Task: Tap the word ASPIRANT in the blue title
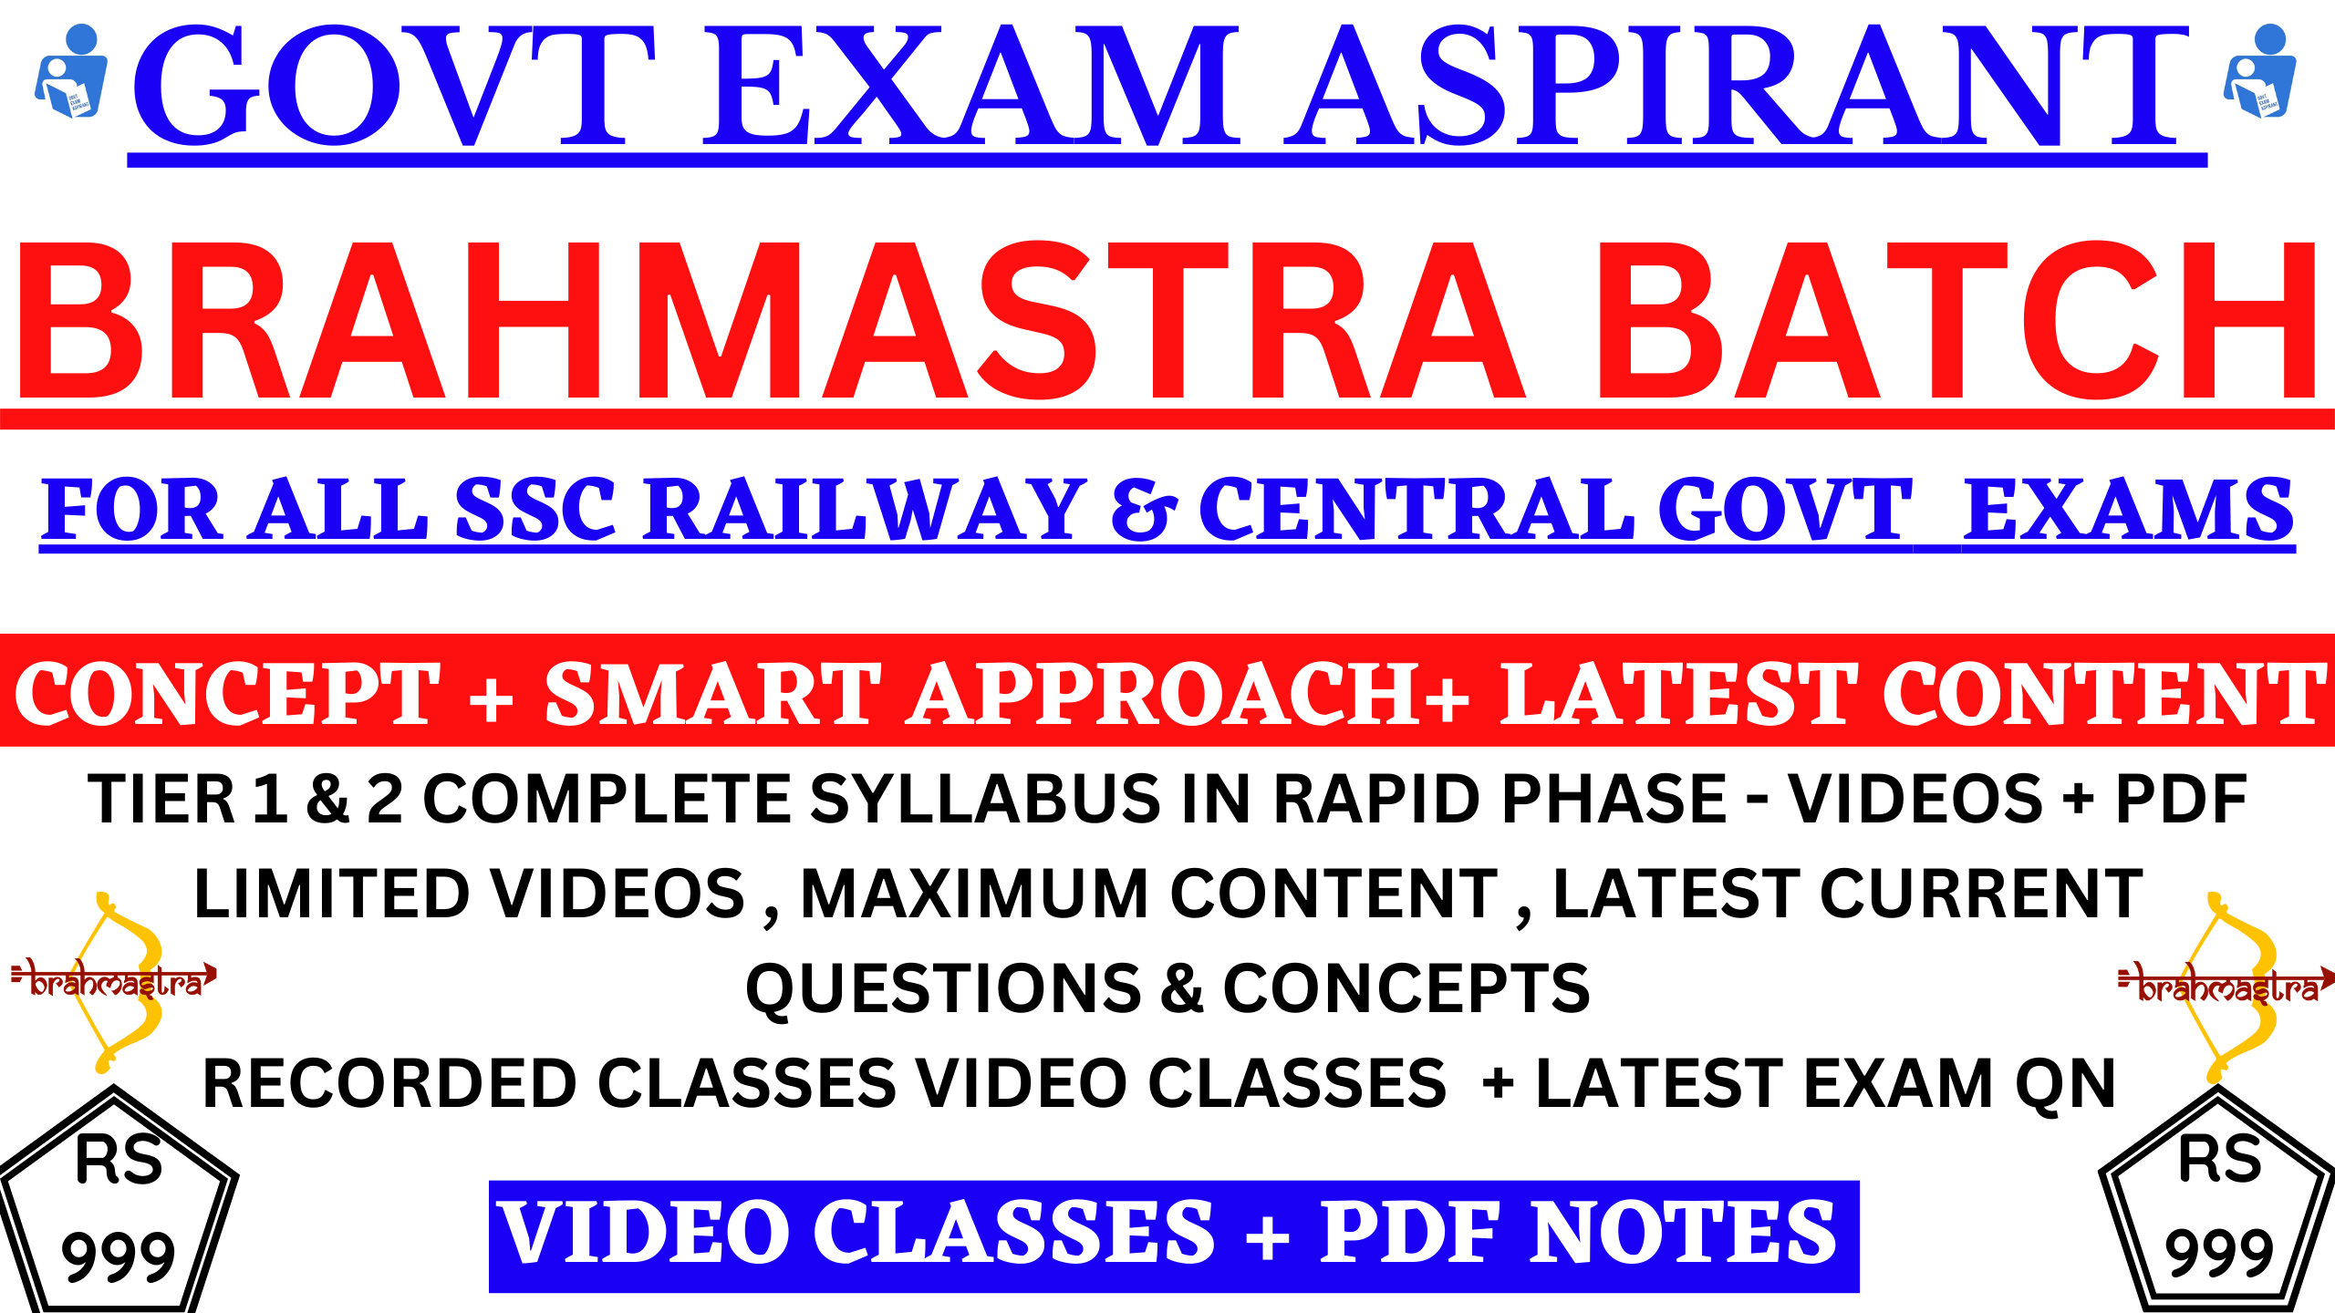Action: click(1738, 86)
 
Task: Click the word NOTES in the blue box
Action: click(1683, 1233)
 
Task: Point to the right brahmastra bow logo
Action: click(2226, 986)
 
